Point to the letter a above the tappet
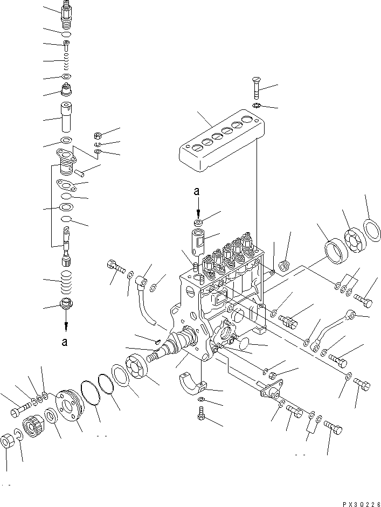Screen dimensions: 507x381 pyautogui.click(x=198, y=191)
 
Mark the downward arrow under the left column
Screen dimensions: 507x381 pyautogui.click(x=66, y=325)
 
